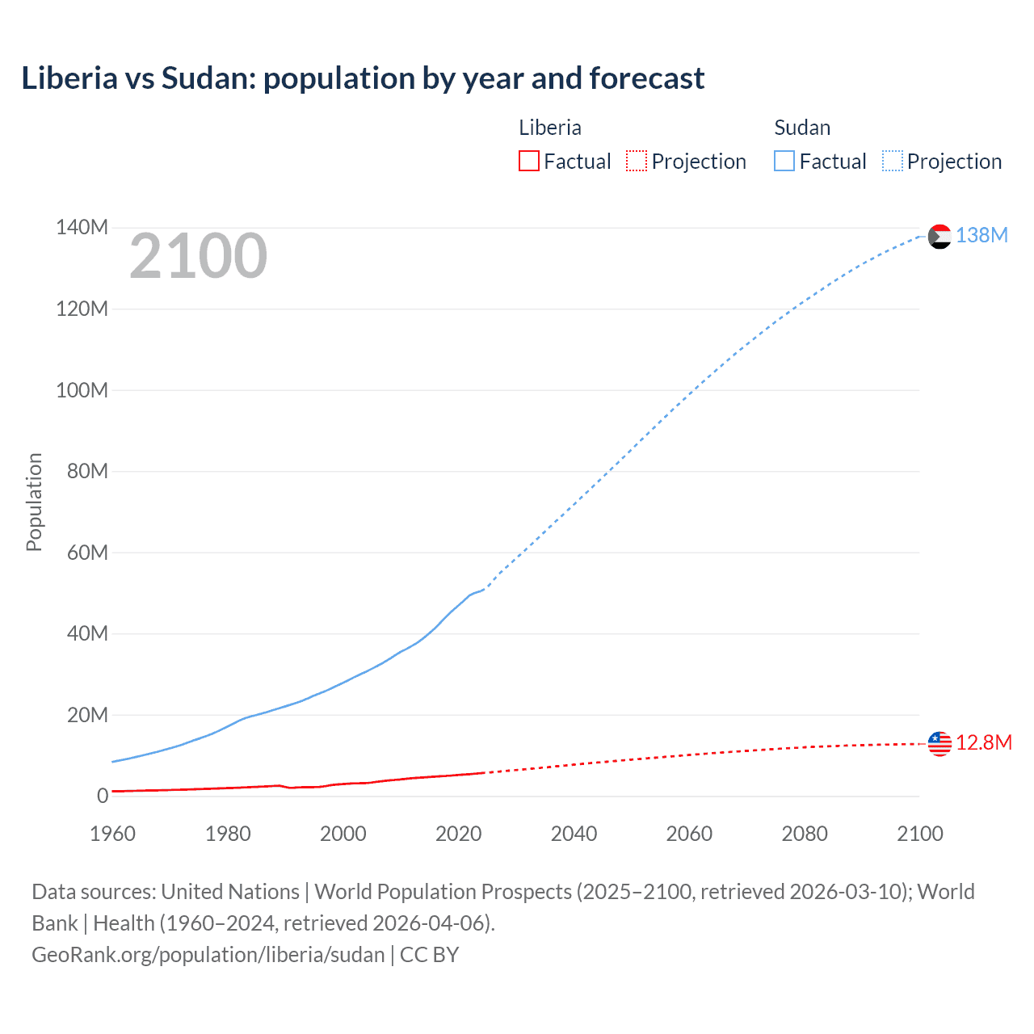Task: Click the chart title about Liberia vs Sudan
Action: [363, 78]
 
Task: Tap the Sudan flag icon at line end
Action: [939, 237]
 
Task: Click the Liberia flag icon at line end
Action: [939, 743]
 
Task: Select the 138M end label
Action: [981, 235]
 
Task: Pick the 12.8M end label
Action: [983, 742]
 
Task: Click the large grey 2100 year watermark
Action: [198, 256]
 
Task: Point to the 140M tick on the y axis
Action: [82, 228]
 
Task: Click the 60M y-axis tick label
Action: [87, 553]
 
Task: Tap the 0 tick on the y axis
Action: [102, 796]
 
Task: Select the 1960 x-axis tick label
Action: [112, 834]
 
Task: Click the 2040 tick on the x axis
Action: [574, 834]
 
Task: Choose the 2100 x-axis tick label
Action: [919, 834]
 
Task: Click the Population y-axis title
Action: [34, 502]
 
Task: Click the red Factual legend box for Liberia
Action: [528, 161]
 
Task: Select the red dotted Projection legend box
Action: [637, 161]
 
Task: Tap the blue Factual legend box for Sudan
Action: [784, 161]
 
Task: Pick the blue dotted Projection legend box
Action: [892, 161]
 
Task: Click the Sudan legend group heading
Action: [801, 128]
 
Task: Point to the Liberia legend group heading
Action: [549, 128]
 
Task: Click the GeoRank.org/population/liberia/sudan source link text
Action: [208, 955]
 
